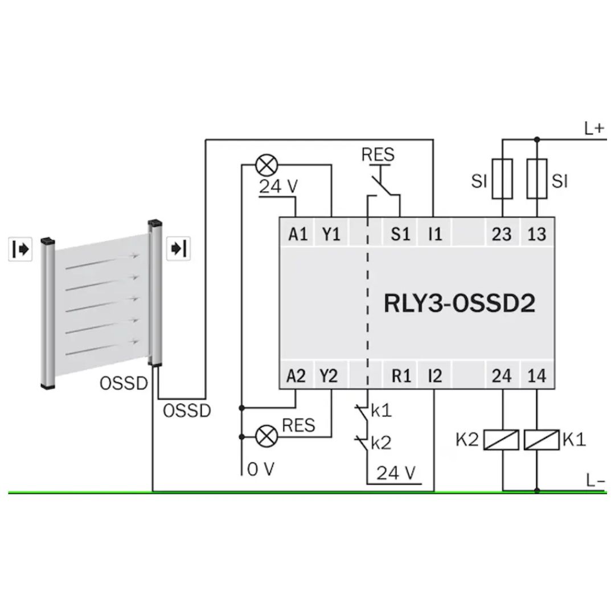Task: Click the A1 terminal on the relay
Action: [298, 234]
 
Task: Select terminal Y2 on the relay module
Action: [329, 376]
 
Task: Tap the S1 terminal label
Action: [400, 234]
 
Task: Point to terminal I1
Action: [435, 234]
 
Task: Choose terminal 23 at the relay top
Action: [502, 234]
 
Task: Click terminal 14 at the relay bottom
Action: [536, 376]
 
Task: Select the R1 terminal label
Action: [401, 376]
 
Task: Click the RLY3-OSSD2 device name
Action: [460, 303]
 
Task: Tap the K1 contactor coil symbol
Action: [542, 440]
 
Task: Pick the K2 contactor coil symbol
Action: [501, 440]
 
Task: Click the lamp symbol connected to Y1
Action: [266, 165]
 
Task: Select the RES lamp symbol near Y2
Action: [266, 436]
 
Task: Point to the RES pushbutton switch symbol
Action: [384, 184]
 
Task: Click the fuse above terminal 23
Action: [502, 179]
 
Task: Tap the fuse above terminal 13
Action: [537, 179]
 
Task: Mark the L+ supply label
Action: [594, 128]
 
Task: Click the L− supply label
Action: [596, 480]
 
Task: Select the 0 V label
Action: [261, 469]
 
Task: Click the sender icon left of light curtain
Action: [20, 249]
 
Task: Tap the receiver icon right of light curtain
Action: [178, 248]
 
